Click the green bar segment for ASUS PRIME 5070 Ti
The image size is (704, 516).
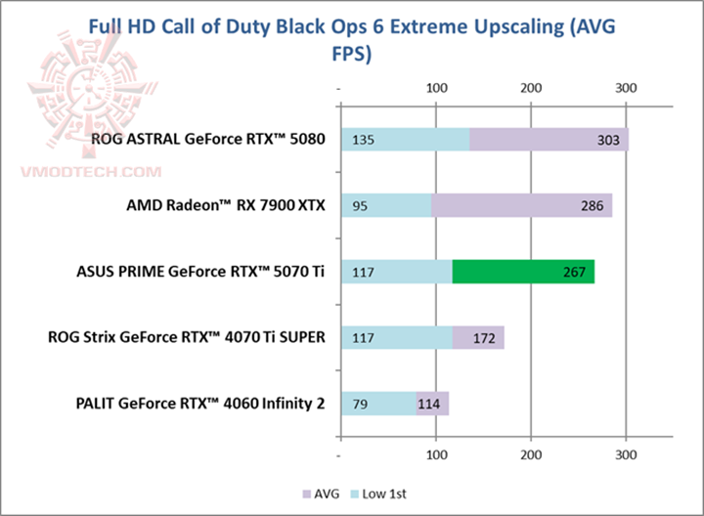tap(523, 272)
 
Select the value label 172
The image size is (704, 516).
tap(485, 338)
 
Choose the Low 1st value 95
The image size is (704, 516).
tap(361, 206)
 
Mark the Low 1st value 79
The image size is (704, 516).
tap(361, 404)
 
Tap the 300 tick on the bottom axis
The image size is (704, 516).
tap(627, 455)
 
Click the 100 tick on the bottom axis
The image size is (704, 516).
tap(436, 455)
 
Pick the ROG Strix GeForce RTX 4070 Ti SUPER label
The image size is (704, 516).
tap(186, 338)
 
